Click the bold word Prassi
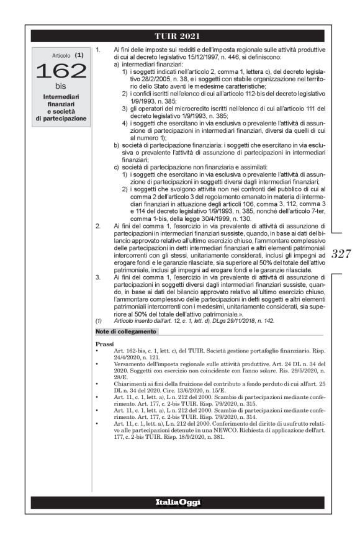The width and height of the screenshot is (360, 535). (x=105, y=343)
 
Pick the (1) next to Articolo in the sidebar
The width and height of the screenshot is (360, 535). (x=79, y=55)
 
